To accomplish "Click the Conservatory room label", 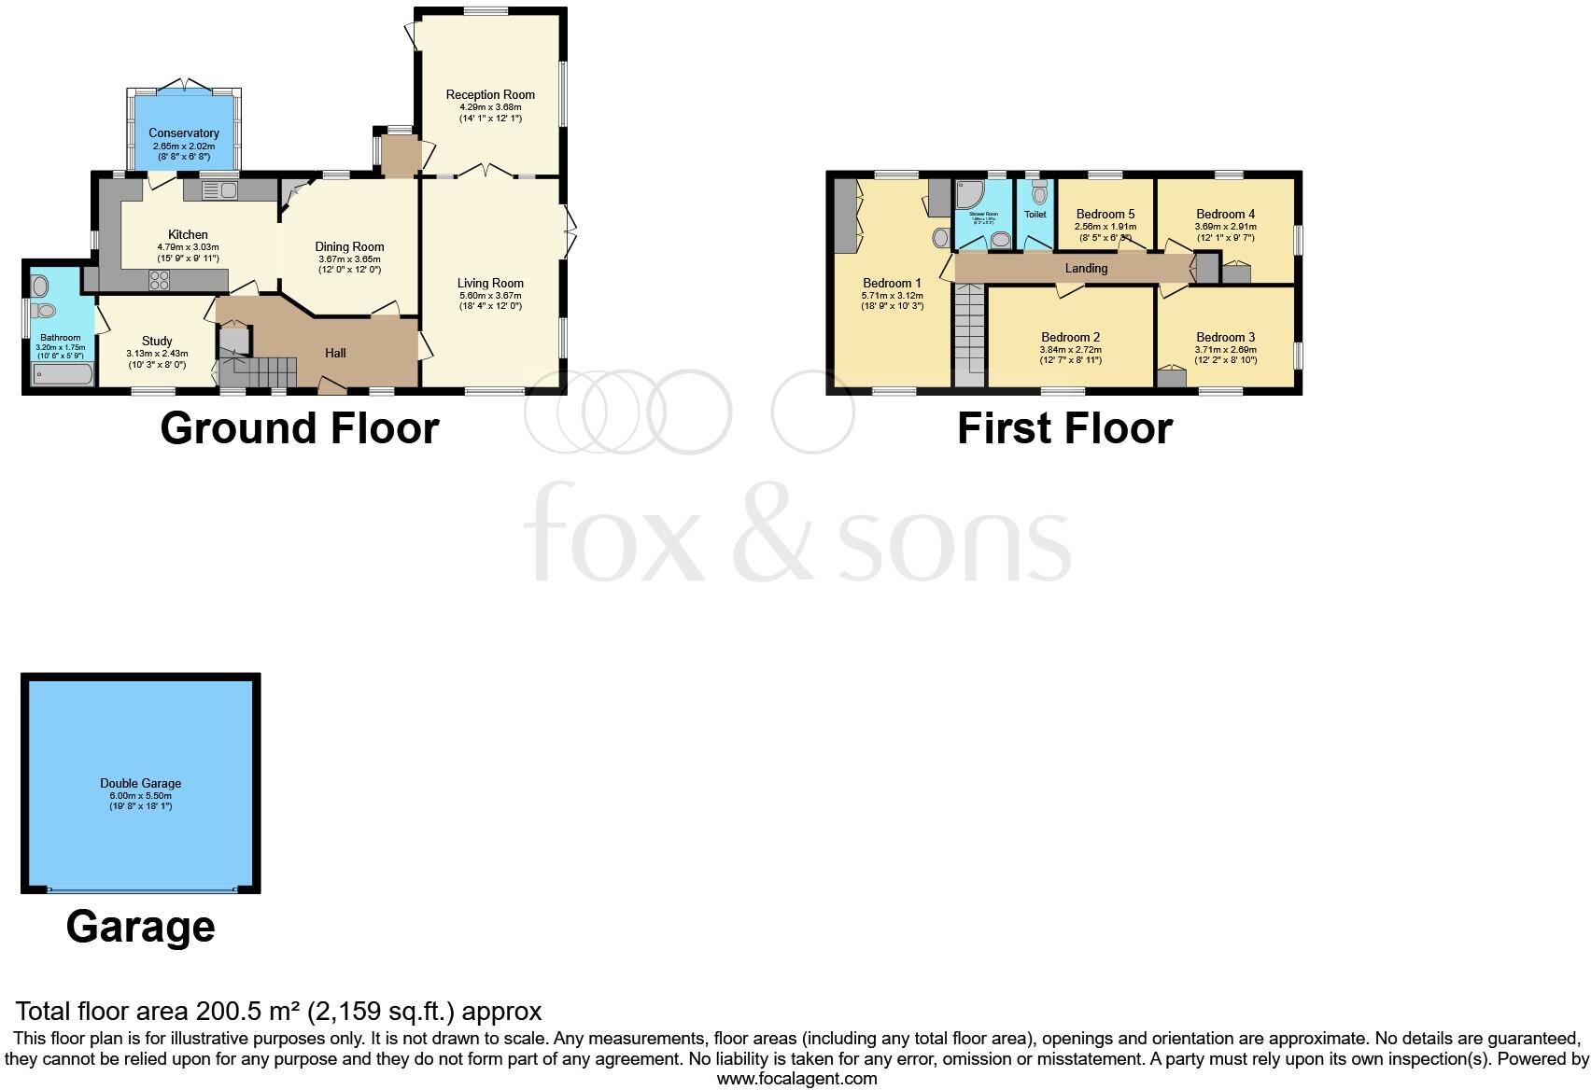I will point(184,133).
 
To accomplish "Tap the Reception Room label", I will point(490,94).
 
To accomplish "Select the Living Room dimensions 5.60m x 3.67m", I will point(490,295).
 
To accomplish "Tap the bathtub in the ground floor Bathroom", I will point(63,374).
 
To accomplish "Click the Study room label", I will point(157,342).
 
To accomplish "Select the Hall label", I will point(335,353).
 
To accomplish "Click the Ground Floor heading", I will point(300,428).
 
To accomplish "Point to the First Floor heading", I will point(1064,428).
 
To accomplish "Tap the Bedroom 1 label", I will point(892,284).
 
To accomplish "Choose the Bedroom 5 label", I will point(1105,214).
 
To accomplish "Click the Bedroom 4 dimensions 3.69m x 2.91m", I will point(1225,226).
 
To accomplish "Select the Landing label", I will point(1086,269).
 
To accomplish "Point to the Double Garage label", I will point(141,784).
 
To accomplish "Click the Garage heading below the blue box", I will point(141,927).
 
